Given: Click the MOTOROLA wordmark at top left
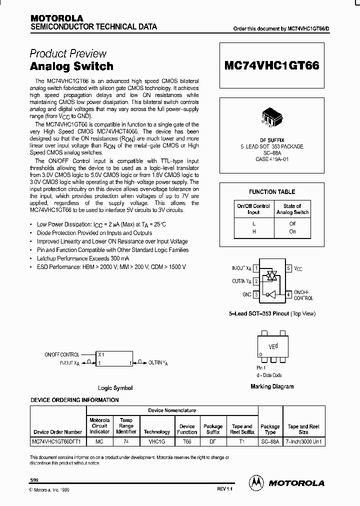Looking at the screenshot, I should pos(56,18).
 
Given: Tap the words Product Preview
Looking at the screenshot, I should pos(68,53).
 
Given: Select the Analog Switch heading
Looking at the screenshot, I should pos(71,66).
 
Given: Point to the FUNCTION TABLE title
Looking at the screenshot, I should pos(272,192).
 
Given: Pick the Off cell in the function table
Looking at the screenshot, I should pos(292,224).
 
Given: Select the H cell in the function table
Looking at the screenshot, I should pos(253,231).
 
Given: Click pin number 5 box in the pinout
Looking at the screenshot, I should pos(288,268).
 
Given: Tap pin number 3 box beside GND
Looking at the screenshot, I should pos(256,295).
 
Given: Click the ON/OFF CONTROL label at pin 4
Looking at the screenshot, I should pos(303,295).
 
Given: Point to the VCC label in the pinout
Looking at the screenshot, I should pos(298,269).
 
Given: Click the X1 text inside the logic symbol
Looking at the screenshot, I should pos(101,354).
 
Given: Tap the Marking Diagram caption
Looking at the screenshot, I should pos(272,386).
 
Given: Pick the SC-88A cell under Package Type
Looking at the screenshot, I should pos(270,441).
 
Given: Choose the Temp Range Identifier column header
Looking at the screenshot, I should pos(126,426).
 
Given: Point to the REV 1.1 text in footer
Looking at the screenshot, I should pos(225,488).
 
